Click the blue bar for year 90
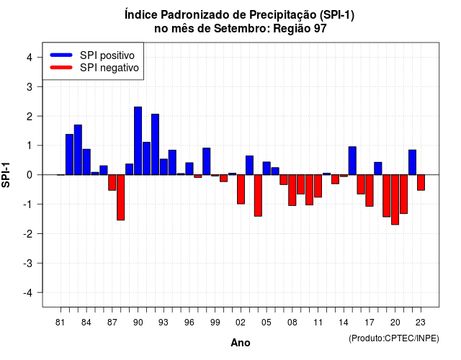click(x=138, y=141)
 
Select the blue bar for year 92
click(x=156, y=144)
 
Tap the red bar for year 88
click(x=121, y=197)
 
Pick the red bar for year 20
click(x=395, y=200)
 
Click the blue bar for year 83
click(x=78, y=150)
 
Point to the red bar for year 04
click(x=258, y=195)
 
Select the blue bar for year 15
click(x=352, y=161)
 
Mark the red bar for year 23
click(x=421, y=182)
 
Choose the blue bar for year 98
click(x=207, y=161)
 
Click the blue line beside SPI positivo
click(x=61, y=55)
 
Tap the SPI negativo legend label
click(x=109, y=68)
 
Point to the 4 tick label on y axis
click(x=30, y=58)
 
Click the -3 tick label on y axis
click(x=27, y=263)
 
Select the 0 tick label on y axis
click(x=30, y=175)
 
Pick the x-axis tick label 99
click(x=215, y=323)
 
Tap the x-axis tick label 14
click(x=344, y=323)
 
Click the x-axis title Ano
click(x=241, y=343)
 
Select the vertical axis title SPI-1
click(x=6, y=175)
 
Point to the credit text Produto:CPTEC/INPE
click(x=394, y=338)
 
